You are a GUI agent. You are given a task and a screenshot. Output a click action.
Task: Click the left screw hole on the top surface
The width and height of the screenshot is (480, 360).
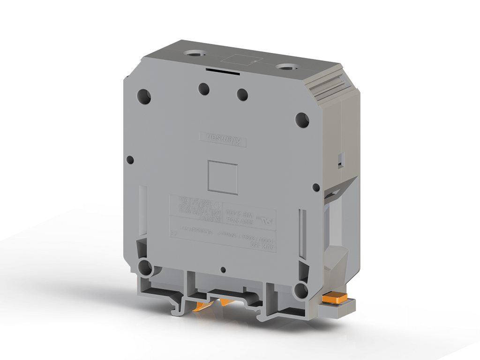pyautogui.click(x=193, y=54)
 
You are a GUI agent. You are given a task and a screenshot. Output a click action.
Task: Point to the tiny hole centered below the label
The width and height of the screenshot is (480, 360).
pyautogui.click(x=224, y=270)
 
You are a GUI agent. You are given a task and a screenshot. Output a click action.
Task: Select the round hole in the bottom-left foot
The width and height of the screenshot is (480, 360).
pyautogui.click(x=145, y=268)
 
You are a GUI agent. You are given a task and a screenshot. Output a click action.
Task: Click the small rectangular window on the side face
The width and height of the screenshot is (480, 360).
pyautogui.click(x=341, y=159)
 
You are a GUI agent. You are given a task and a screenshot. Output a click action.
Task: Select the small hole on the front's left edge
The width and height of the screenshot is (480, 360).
pyautogui.click(x=130, y=159)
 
